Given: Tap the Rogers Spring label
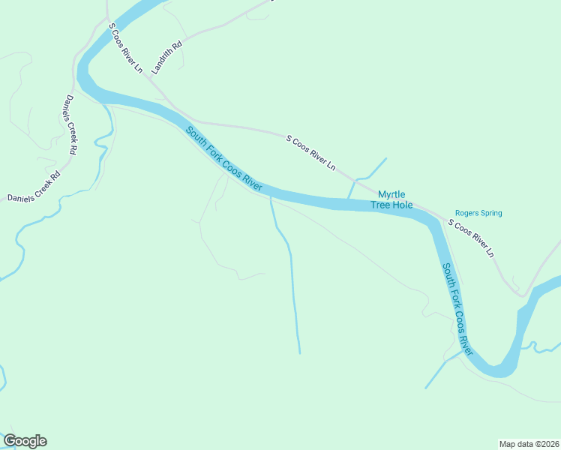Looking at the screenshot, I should click(478, 213).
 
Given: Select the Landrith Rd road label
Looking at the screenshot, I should click(166, 57).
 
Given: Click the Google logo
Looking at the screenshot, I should click(25, 441).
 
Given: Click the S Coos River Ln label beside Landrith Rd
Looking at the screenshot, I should click(125, 48).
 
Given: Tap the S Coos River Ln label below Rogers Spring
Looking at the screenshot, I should click(471, 238).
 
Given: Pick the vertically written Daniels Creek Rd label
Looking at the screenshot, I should click(70, 124).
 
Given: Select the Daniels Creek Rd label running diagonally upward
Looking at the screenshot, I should click(34, 187).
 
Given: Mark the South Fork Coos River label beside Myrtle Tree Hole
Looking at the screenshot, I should click(223, 158).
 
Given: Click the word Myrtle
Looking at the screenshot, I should click(391, 194).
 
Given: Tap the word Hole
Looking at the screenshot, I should click(403, 205).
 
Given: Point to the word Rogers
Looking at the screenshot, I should click(466, 213).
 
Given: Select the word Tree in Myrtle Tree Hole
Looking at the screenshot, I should click(380, 205).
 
